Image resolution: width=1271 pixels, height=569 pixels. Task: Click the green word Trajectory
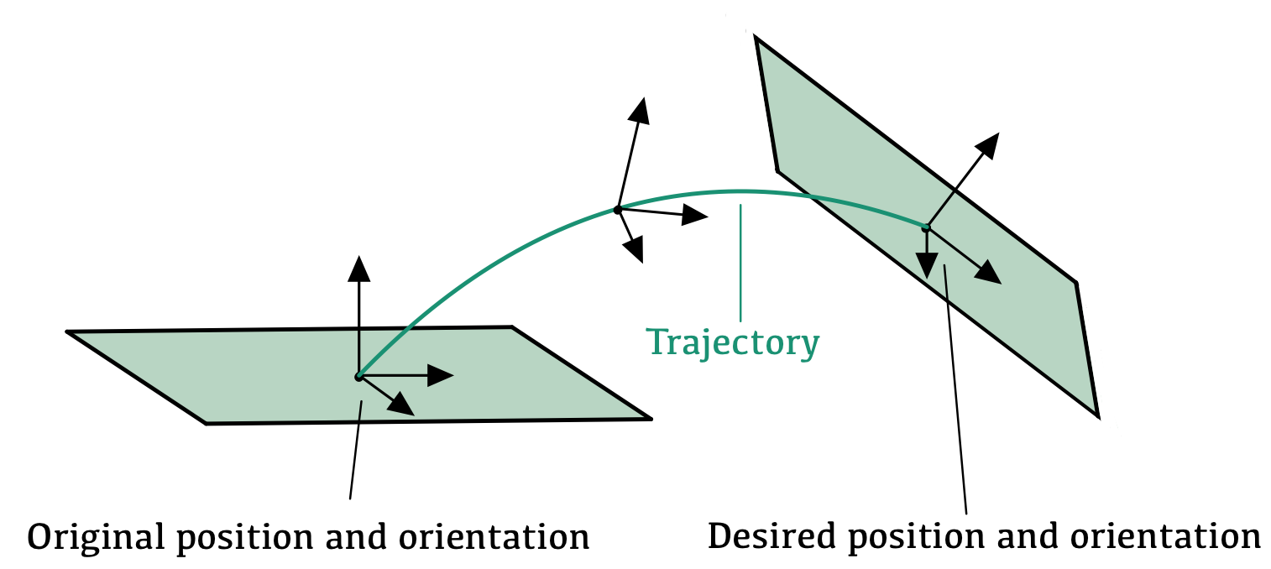point(732,342)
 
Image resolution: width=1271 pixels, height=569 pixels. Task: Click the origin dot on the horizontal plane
point(358,378)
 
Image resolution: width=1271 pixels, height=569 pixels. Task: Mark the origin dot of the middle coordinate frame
point(618,209)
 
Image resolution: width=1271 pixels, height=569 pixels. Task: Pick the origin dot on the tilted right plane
point(926,227)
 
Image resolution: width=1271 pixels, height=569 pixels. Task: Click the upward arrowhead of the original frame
point(358,268)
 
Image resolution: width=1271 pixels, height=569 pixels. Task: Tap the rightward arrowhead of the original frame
point(441,375)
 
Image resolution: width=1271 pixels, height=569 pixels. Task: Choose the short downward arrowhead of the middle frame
point(634,249)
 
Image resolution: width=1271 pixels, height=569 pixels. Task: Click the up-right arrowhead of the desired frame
point(989,145)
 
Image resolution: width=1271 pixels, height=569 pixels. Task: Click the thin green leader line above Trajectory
point(740,260)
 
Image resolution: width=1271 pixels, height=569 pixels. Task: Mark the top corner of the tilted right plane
point(756,38)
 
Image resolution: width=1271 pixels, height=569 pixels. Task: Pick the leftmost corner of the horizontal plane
point(68,333)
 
